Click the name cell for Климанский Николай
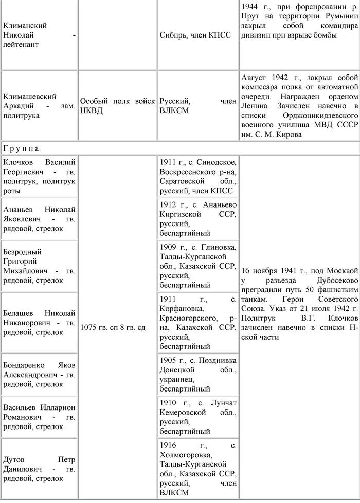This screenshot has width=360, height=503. click(x=39, y=35)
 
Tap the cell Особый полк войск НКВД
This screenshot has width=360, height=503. click(x=117, y=106)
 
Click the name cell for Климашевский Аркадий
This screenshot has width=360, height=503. click(x=39, y=106)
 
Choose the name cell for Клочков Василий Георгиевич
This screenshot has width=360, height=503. click(x=39, y=177)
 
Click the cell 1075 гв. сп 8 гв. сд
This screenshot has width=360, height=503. click(x=117, y=327)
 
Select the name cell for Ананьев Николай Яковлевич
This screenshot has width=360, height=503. click(x=39, y=218)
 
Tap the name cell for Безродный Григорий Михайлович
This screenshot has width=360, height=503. click(x=39, y=266)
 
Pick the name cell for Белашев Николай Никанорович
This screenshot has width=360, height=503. click(x=39, y=323)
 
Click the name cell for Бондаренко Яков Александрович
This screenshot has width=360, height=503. click(x=39, y=374)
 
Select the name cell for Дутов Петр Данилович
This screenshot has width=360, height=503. click(x=39, y=469)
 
